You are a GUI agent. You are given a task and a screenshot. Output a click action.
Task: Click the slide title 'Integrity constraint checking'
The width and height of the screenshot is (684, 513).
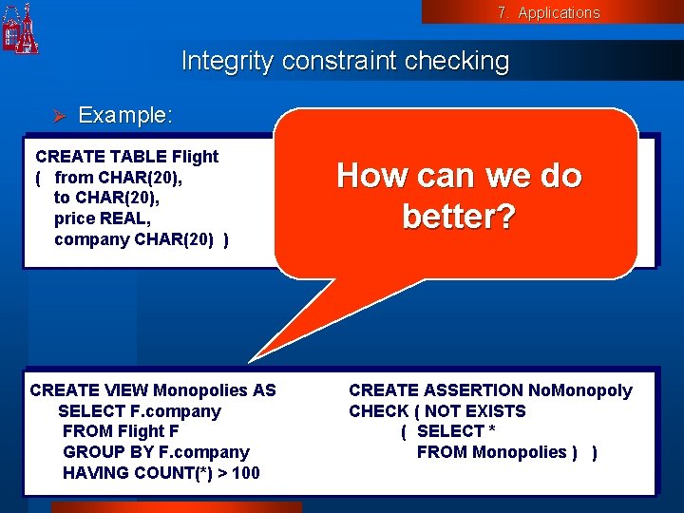point(345,62)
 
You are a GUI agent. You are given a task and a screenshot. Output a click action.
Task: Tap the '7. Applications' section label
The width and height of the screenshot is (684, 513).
point(548,12)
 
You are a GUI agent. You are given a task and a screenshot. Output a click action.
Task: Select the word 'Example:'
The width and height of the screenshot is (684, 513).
point(125,116)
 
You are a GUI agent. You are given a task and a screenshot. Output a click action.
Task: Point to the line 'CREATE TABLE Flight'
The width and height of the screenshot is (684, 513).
point(126,157)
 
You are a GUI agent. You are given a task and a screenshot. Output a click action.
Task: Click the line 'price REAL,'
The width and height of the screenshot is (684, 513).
point(103,218)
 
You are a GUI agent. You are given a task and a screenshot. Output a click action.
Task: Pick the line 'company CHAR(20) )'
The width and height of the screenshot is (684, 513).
point(141,239)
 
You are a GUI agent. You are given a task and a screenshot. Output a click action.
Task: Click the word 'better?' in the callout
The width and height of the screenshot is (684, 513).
point(459,218)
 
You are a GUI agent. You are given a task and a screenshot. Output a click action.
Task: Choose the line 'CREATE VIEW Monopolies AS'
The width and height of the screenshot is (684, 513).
point(153,390)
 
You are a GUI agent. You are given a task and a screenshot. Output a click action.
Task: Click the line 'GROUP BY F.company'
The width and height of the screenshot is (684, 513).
point(156,452)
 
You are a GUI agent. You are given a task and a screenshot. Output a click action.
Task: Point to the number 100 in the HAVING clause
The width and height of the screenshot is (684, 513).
point(245,473)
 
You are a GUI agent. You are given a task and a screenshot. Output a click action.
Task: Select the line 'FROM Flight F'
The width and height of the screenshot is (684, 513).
point(120,431)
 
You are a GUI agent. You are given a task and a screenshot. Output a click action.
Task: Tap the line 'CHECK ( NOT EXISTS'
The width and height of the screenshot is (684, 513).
point(437,411)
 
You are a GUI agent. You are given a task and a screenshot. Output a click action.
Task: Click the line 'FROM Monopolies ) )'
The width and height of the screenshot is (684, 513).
point(507,452)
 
